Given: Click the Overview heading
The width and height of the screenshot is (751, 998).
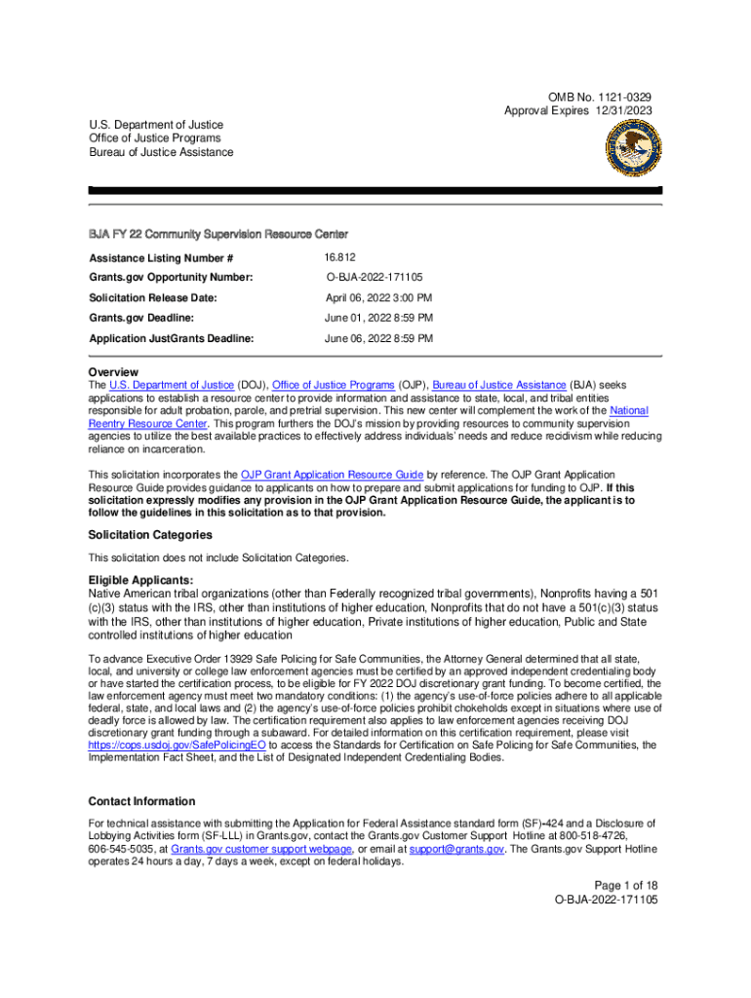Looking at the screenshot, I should pos(113,372).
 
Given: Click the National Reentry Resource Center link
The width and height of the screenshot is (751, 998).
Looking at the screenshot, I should pos(146,424).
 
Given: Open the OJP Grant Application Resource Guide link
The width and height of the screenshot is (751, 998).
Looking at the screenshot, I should pos(332,475).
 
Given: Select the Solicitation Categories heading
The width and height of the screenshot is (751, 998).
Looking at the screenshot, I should pos(150,535).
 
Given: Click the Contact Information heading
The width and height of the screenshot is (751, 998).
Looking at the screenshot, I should pos(141,801).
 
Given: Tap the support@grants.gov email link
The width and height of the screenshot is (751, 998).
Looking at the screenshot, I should pos(456,849).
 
